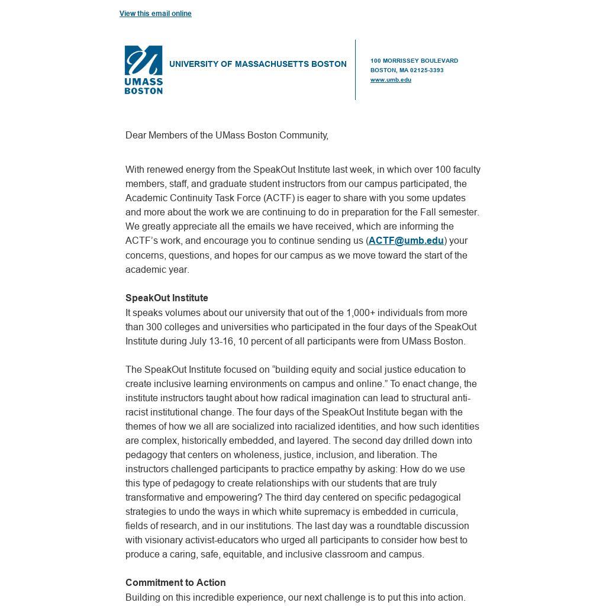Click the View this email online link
[x=155, y=14]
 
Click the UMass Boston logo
[x=143, y=70]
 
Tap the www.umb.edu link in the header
[x=391, y=80]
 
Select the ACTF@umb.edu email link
[x=406, y=241]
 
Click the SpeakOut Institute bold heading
[x=166, y=298]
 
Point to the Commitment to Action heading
[x=175, y=583]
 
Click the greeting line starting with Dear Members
[x=227, y=136]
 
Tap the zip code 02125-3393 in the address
[x=427, y=70]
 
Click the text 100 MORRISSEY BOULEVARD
[x=414, y=61]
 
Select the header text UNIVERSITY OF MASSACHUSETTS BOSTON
[x=257, y=65]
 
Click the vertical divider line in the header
[x=355, y=70]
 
